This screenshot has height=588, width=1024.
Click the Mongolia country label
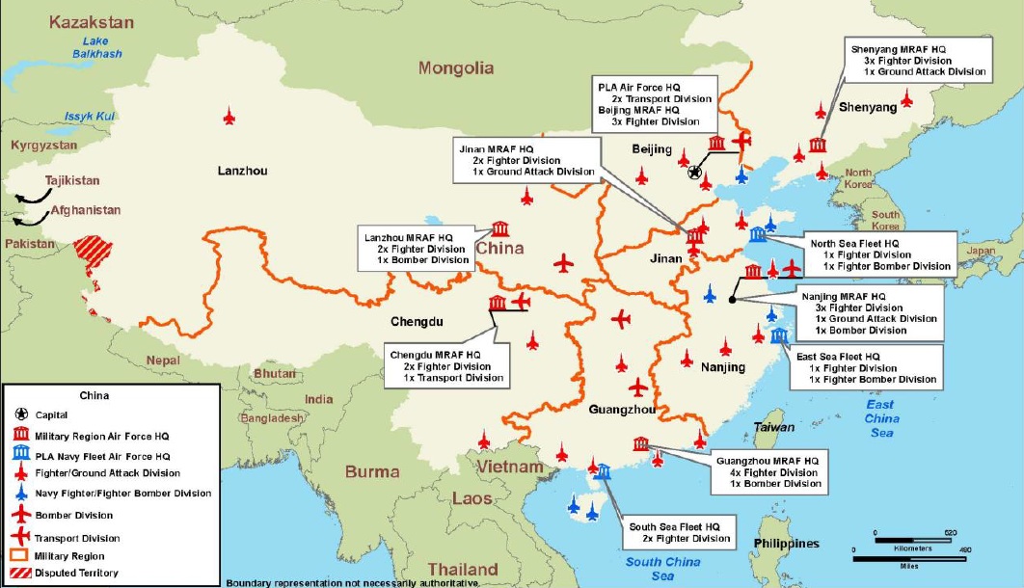pos(456,67)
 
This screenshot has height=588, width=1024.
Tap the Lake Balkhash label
pos(95,47)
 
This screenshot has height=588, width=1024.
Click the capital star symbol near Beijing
pos(695,173)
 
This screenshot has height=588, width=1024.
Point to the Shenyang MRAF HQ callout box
pos(917,60)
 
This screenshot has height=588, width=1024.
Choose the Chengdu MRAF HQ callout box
pos(447,366)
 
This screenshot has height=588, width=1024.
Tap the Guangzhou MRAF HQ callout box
pos(768,472)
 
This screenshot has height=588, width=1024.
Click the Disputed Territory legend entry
pos(76,573)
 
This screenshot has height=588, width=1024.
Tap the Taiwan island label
pos(774,427)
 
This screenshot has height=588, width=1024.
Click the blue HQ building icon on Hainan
pos(603,471)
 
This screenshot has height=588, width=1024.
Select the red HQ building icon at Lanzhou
pos(500,228)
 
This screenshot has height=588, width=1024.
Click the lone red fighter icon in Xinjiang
pos(229,116)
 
